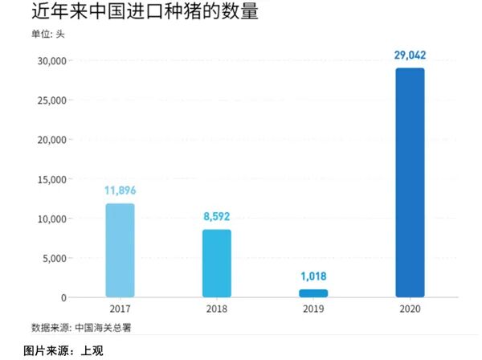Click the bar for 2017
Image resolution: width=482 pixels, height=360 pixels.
(x=120, y=251)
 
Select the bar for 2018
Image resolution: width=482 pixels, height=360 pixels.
(x=217, y=264)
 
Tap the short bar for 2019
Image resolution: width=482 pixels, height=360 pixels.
(x=313, y=293)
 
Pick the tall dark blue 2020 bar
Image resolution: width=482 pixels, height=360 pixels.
(x=410, y=182)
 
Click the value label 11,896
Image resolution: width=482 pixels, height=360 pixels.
(x=120, y=190)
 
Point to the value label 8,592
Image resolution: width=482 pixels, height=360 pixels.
(x=217, y=216)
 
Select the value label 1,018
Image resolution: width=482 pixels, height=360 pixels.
(x=313, y=276)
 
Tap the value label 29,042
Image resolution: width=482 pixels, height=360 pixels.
(x=410, y=55)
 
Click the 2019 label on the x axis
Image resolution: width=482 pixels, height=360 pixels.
(x=313, y=309)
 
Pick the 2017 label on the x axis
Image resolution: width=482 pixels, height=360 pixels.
(x=120, y=309)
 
